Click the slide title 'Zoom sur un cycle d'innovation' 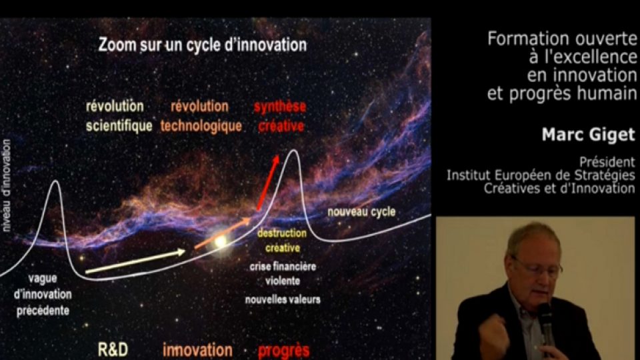pos(203,45)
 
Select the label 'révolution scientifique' pos(119,116)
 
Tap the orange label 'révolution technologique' pos(201,116)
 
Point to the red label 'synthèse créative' pos(281,116)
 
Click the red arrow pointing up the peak pos(268,183)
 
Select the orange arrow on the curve pos(223,233)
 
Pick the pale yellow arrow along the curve pos(135,261)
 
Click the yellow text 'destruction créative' pos(282,241)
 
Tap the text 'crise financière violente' pos(283,273)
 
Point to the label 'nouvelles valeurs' pos(283,299)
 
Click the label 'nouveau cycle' pos(361,212)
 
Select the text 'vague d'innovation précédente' pos(43,294)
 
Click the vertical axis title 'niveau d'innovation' pos(7,186)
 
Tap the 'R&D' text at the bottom pos(113,350)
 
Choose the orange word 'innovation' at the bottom pos(197,350)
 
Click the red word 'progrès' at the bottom pos(284,351)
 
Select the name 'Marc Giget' pos(589,135)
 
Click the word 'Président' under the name pos(607,162)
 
